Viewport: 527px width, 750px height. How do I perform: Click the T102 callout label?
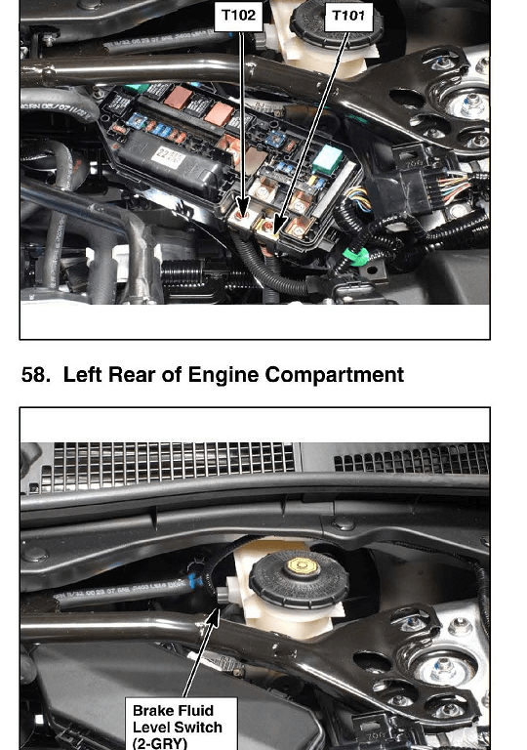[239, 16]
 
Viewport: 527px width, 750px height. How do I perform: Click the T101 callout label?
[348, 16]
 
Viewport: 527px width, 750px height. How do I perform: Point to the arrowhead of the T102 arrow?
[242, 212]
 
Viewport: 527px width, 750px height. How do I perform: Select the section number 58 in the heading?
[35, 375]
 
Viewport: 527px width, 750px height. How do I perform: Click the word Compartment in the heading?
[335, 375]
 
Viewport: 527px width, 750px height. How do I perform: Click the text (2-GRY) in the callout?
[159, 743]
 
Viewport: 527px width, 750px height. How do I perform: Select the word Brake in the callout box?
[153, 710]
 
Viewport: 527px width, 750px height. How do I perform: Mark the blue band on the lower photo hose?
[192, 580]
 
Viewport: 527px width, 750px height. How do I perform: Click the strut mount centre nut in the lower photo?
[442, 669]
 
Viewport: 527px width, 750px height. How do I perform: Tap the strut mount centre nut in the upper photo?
[471, 104]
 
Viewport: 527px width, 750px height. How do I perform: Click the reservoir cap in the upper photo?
[336, 23]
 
